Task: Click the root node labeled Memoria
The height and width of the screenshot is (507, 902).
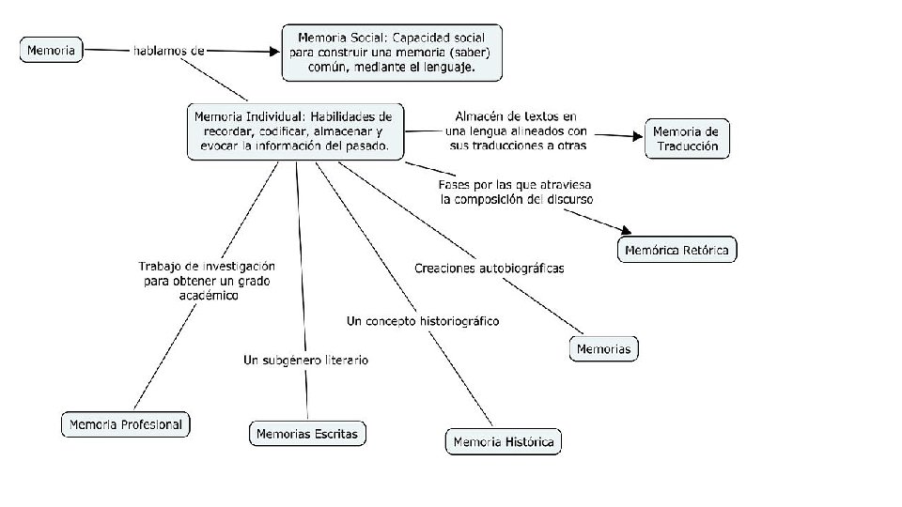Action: pyautogui.click(x=51, y=50)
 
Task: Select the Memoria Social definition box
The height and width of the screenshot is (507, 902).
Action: pyautogui.click(x=392, y=53)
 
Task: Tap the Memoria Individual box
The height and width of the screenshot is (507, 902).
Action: pyautogui.click(x=295, y=131)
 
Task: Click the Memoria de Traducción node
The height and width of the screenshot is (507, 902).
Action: pyautogui.click(x=686, y=139)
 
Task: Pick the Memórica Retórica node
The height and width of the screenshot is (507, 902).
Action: pyautogui.click(x=677, y=250)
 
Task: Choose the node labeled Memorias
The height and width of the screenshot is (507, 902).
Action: pyautogui.click(x=604, y=348)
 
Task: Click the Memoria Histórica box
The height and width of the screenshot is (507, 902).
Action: pyautogui.click(x=503, y=441)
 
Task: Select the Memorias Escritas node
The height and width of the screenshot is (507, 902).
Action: pyautogui.click(x=307, y=433)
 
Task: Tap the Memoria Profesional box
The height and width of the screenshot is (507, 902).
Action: pyautogui.click(x=125, y=424)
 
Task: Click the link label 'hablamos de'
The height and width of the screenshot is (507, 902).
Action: pyautogui.click(x=168, y=50)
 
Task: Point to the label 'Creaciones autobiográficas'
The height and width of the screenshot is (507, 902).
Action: pyautogui.click(x=489, y=269)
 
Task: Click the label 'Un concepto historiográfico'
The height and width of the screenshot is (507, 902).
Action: pyautogui.click(x=423, y=321)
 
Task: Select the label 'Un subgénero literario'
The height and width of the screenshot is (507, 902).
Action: pyautogui.click(x=305, y=360)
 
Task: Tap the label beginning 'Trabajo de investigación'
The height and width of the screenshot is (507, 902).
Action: pyautogui.click(x=207, y=280)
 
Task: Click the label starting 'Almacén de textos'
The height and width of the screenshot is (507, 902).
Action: pyautogui.click(x=517, y=131)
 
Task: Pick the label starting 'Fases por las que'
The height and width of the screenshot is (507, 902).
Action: pyautogui.click(x=516, y=192)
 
